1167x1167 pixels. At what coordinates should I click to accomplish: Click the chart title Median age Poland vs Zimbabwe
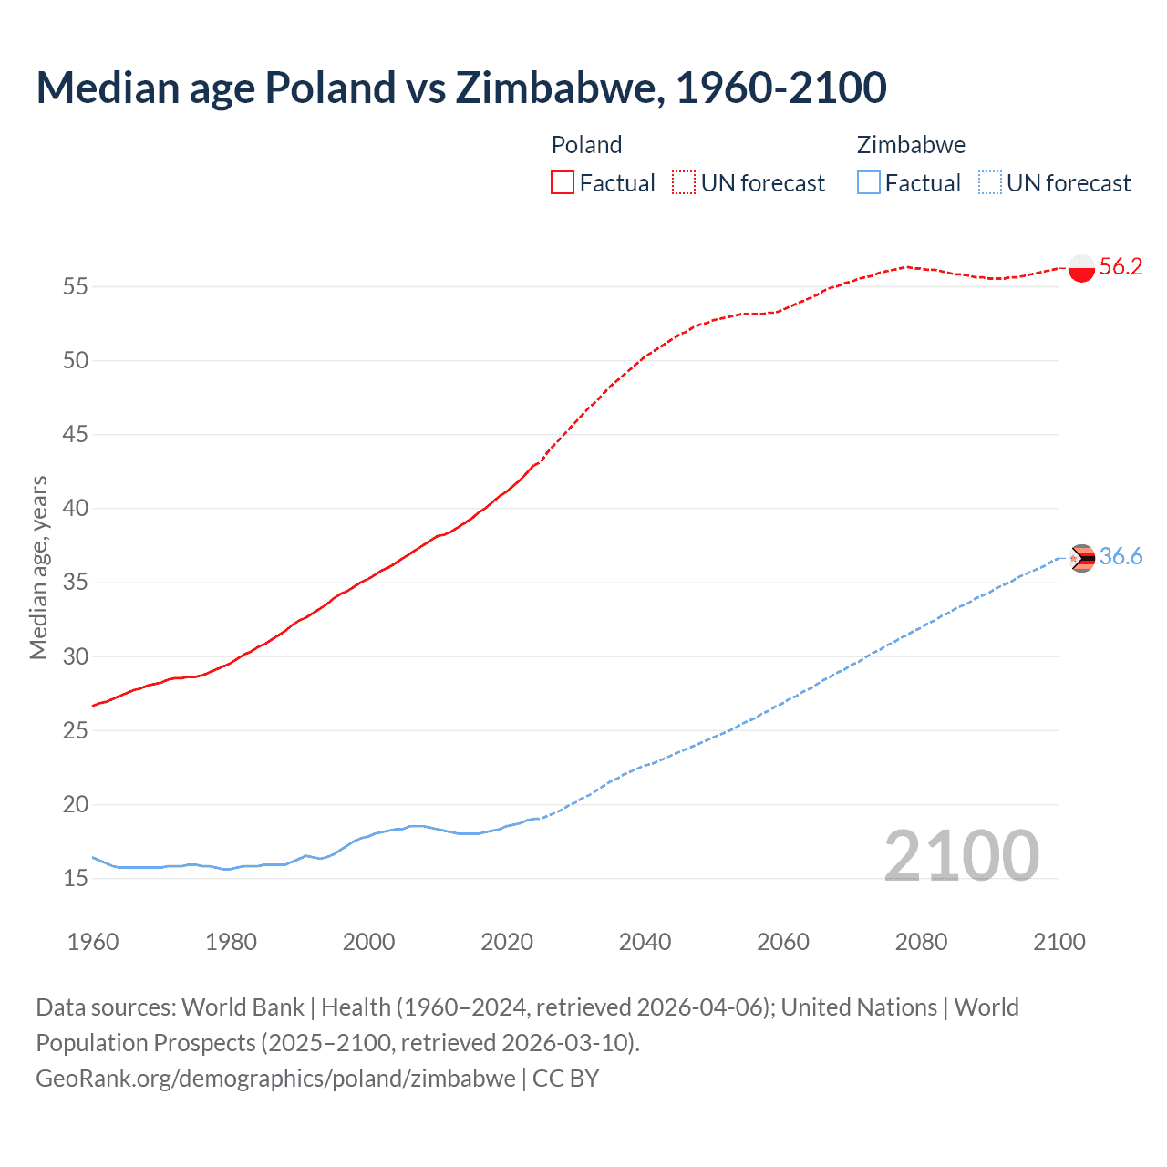[460, 88]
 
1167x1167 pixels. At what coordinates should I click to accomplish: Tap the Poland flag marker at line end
[1081, 268]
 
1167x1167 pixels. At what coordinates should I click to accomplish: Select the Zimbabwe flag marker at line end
[1081, 558]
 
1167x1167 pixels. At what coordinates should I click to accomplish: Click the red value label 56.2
[1121, 266]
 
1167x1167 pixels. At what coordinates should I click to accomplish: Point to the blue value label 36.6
[1121, 556]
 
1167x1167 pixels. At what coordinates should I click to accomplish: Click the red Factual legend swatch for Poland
[563, 183]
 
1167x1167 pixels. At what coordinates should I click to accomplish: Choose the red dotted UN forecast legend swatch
[684, 183]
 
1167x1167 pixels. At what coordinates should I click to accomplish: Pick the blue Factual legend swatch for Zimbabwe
[869, 183]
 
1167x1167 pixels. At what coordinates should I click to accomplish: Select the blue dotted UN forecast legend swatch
[989, 183]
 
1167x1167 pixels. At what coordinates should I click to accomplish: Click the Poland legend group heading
[586, 145]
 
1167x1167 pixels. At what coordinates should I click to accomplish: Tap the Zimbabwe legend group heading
[911, 145]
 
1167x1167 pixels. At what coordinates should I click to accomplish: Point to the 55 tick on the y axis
[76, 287]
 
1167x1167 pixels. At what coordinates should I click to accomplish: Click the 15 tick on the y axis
[76, 879]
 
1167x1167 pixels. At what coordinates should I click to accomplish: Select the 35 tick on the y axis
[76, 583]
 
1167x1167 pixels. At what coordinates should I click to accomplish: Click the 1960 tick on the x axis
[93, 942]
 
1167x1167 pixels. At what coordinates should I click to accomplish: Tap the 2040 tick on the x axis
[645, 942]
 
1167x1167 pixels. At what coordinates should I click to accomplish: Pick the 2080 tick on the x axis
[921, 942]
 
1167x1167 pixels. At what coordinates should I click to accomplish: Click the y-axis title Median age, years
[38, 567]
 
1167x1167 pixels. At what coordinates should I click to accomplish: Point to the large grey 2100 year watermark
[961, 855]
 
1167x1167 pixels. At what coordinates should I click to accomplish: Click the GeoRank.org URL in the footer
[275, 1079]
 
